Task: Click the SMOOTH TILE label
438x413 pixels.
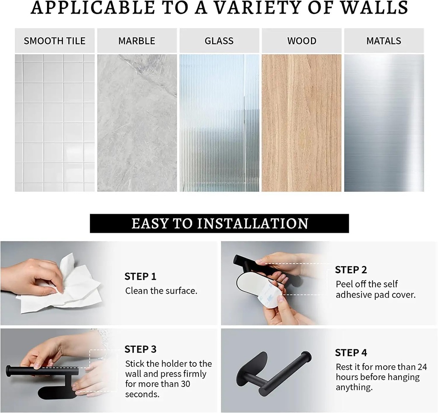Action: (54, 41)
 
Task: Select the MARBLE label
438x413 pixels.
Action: (136, 41)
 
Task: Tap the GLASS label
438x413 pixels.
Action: (219, 41)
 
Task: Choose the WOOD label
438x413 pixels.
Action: (302, 41)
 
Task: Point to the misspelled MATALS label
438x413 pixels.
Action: (384, 41)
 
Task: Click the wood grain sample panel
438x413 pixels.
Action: (302, 123)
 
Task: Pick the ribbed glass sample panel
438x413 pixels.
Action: (219, 123)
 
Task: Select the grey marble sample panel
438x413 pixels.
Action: (137, 123)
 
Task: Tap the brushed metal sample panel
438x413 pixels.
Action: (384, 123)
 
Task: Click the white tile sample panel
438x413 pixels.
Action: (55, 123)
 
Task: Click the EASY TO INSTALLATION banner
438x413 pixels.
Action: (219, 223)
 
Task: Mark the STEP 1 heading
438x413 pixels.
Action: (140, 276)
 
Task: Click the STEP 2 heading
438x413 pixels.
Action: (351, 270)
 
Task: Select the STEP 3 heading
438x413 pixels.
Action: (140, 349)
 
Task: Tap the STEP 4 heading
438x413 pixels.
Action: (351, 353)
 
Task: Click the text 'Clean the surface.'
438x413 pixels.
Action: (161, 291)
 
